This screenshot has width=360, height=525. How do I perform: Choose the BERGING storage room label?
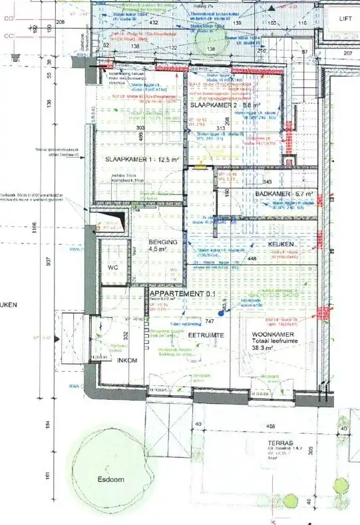pyautogui.click(x=163, y=243)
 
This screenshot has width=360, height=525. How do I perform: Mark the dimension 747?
pyautogui.click(x=209, y=321)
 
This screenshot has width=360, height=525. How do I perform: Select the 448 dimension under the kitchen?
pyautogui.click(x=270, y=260)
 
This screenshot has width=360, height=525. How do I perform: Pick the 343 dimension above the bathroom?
pyautogui.click(x=268, y=182)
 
